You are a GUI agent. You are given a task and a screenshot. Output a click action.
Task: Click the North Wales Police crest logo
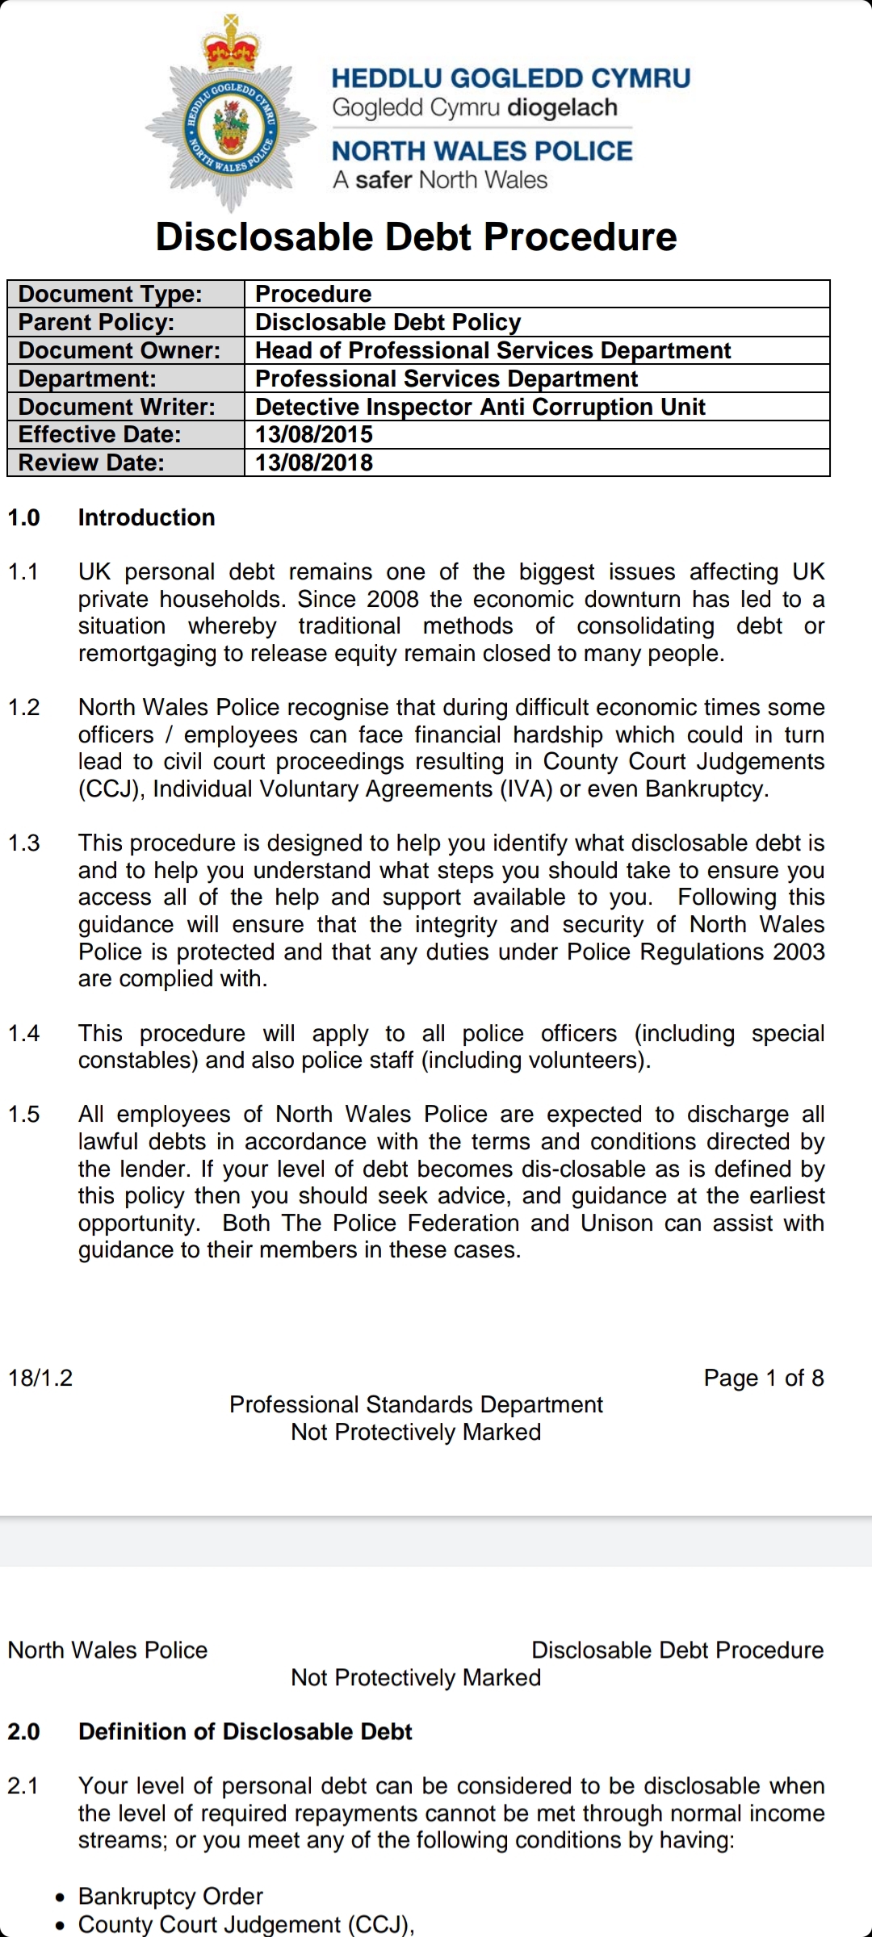(232, 121)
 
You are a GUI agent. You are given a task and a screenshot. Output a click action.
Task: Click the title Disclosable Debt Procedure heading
(416, 237)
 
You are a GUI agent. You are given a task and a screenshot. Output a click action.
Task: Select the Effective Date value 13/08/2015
(314, 435)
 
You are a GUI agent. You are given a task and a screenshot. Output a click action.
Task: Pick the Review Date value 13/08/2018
(314, 463)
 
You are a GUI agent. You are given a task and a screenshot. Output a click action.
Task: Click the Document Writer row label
(117, 407)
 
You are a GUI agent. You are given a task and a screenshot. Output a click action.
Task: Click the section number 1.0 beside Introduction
(24, 517)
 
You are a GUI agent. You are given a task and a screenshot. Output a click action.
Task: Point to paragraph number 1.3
(24, 843)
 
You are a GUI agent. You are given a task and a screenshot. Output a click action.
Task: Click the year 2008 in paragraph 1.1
(392, 600)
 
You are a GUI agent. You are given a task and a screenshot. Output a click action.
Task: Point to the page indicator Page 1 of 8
(764, 1378)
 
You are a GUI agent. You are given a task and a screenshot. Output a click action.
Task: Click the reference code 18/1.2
(40, 1378)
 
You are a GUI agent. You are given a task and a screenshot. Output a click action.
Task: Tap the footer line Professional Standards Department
(416, 1405)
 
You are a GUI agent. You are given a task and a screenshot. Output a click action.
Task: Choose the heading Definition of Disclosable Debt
(245, 1732)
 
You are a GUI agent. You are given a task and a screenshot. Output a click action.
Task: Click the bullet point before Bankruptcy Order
(61, 1897)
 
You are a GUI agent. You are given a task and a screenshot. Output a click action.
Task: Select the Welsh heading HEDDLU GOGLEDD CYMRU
(511, 79)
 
